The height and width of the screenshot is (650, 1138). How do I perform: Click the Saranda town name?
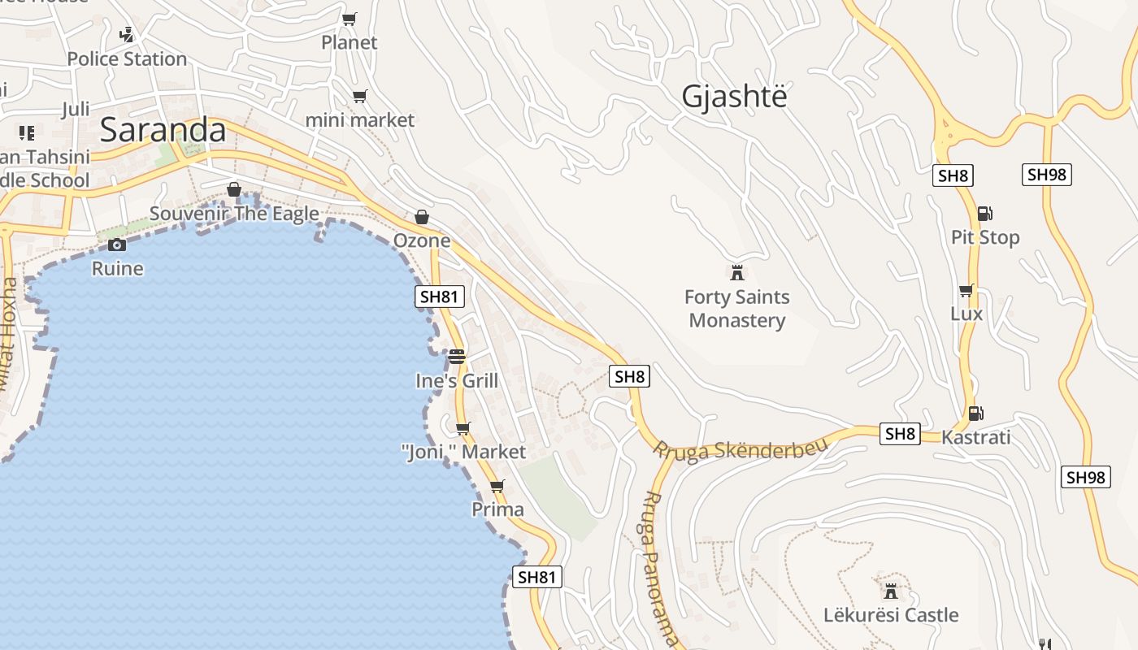[163, 130]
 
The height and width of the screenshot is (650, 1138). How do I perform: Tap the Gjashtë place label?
[735, 97]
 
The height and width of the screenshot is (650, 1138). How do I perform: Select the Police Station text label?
[127, 59]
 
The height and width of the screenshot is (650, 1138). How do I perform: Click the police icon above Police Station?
[126, 35]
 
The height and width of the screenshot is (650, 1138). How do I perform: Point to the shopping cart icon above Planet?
[349, 19]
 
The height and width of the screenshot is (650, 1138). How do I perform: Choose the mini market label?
[359, 120]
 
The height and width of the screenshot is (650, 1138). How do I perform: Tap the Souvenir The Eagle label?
[234, 214]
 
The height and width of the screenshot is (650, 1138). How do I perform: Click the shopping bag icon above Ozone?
[421, 217]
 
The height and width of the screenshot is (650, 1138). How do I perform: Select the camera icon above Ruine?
[117, 245]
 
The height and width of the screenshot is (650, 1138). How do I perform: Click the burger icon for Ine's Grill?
[456, 356]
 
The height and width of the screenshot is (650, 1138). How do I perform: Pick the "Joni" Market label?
[464, 452]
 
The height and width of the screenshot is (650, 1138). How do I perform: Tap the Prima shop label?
[497, 509]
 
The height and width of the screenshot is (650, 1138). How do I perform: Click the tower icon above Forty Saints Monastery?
[737, 272]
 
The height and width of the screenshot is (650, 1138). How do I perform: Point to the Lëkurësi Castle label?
[891, 615]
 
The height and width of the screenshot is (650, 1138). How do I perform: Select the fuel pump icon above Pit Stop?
[984, 214]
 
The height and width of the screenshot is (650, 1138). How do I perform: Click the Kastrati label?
[975, 437]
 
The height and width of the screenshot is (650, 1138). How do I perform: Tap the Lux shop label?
[966, 314]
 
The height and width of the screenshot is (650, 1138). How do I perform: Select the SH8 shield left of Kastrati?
[900, 434]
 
